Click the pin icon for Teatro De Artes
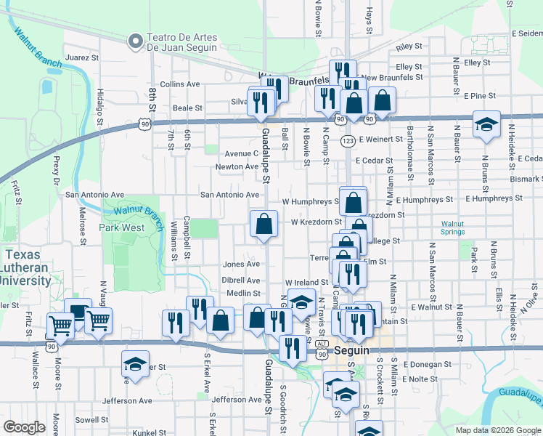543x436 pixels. [134, 42]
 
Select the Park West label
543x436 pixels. [121, 227]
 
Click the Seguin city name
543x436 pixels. [354, 352]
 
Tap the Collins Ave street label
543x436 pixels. [179, 84]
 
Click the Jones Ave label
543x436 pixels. [241, 265]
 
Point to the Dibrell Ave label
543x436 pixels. [241, 280]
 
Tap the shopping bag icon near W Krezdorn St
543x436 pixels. [264, 225]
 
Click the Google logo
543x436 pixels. [25, 427]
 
